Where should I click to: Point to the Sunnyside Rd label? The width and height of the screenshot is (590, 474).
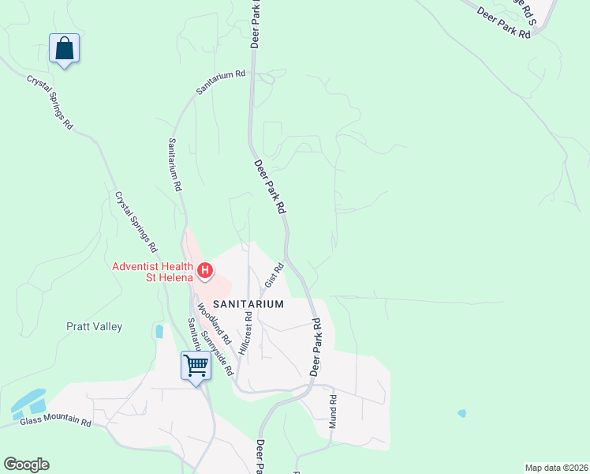pos(217,352)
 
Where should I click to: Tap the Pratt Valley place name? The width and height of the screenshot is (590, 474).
pos(95,325)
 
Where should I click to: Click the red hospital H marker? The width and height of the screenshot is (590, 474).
pos(205,272)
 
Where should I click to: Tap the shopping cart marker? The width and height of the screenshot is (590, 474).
pos(194,366)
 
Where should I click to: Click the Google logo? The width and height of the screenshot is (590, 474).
pos(26,465)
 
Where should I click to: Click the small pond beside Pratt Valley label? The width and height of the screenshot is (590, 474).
pos(160,331)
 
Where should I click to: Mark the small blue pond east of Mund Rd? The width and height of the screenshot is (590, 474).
pos(461,413)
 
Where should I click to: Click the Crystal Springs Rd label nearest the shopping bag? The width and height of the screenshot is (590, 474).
pos(50,102)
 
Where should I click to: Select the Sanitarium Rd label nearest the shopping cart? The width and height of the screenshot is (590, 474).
pos(192,333)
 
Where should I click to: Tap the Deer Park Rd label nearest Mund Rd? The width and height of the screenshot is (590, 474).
pos(316,346)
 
